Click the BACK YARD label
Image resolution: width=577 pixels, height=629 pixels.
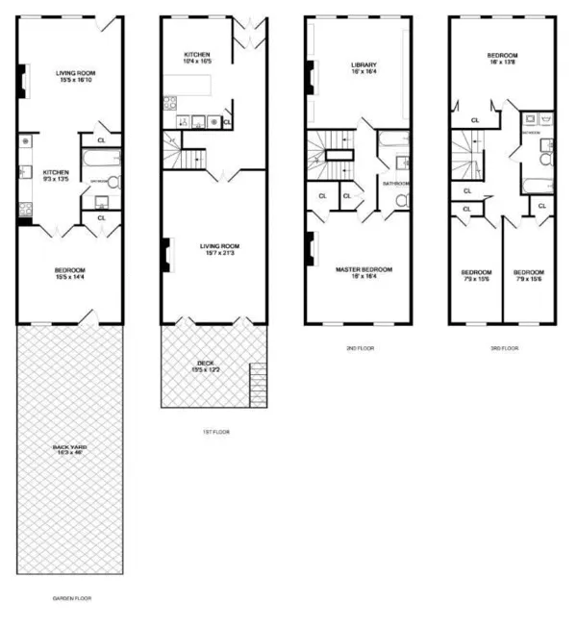[69, 447]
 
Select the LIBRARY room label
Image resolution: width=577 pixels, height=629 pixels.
[363, 65]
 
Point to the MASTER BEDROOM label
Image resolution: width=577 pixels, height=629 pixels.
[360, 268]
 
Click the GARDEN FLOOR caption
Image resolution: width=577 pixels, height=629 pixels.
[71, 597]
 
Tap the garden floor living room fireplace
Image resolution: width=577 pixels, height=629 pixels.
[22, 83]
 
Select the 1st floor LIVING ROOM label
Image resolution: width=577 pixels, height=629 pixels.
[219, 245]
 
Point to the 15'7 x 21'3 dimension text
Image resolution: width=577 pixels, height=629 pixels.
[219, 253]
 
